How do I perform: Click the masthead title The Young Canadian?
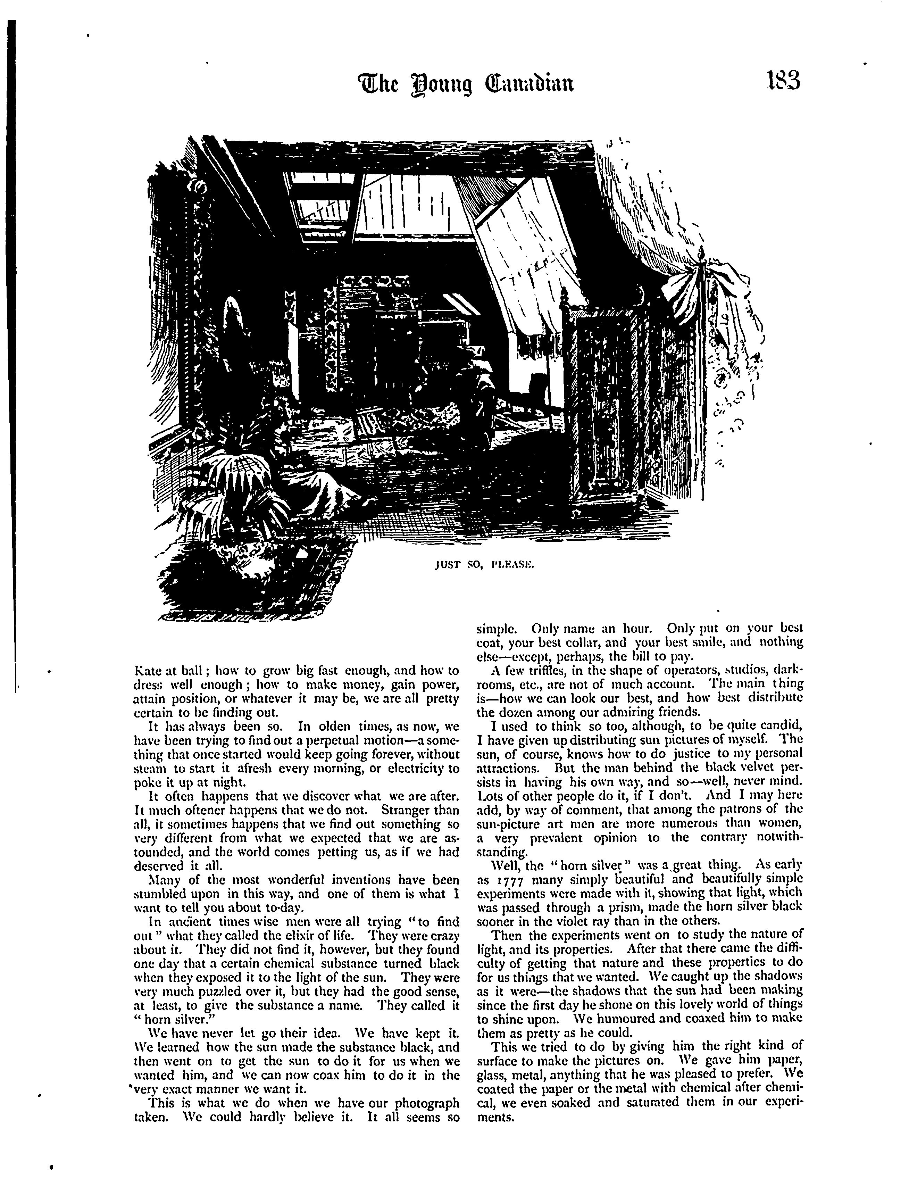[465, 84]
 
